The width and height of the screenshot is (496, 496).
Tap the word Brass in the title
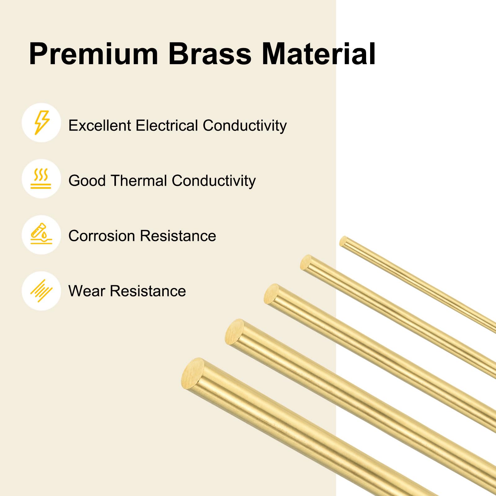tap(210, 54)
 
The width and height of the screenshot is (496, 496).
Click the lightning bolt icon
tap(42, 122)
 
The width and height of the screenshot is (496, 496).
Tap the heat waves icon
tap(41, 179)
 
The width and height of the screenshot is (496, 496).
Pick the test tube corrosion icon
tap(41, 235)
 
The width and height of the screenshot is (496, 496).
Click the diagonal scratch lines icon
tap(41, 291)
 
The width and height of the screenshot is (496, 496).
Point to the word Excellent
tap(100, 126)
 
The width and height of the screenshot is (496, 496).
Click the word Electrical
tap(167, 126)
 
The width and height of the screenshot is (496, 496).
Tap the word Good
tap(87, 181)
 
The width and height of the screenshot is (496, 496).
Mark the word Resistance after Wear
tap(148, 291)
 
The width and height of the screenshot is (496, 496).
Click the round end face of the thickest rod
tap(193, 372)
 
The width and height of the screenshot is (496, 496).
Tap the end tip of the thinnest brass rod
tap(343, 241)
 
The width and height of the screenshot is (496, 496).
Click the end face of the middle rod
tap(271, 294)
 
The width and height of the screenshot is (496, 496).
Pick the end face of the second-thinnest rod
tap(306, 262)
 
